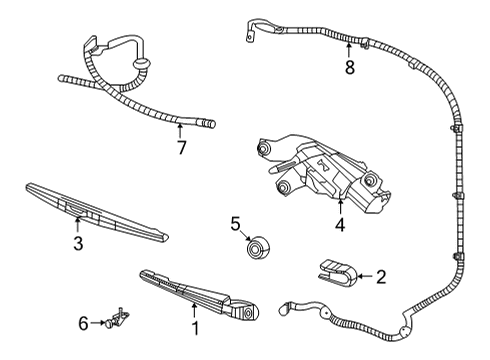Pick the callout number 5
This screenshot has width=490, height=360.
[235, 223]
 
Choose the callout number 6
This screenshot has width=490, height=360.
[84, 323]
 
